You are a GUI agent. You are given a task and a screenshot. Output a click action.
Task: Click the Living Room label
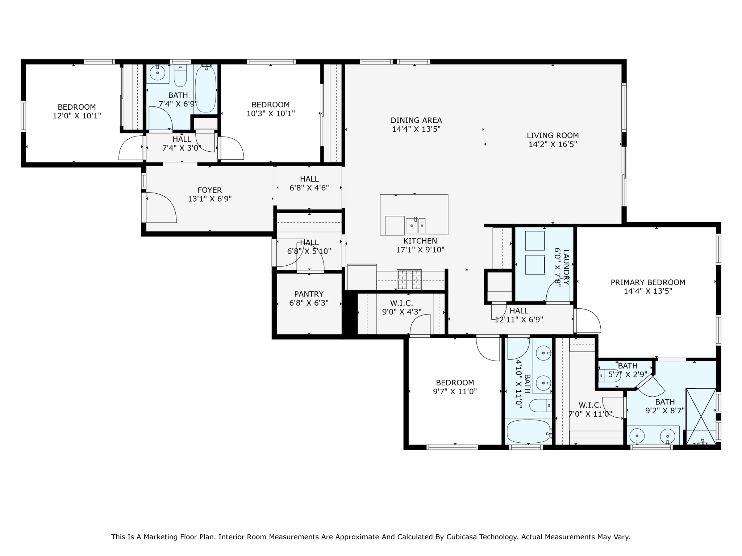point(553,135)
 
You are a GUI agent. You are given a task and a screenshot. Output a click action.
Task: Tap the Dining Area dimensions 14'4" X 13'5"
point(416,129)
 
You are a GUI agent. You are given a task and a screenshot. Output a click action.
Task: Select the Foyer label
point(210,190)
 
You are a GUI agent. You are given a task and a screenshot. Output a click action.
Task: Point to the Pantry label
point(309,294)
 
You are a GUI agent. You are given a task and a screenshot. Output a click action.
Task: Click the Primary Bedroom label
point(648,282)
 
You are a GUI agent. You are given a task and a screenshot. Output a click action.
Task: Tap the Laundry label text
point(566,262)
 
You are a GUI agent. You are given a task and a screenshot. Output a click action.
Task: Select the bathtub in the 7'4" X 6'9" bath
point(205,89)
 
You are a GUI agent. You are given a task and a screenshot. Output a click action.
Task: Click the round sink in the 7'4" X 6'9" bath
point(158,73)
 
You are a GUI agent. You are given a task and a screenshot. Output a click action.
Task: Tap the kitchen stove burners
point(409,280)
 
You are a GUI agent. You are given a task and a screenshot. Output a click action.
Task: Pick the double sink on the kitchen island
point(416,226)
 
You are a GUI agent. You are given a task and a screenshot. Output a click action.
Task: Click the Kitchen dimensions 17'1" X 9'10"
point(420,250)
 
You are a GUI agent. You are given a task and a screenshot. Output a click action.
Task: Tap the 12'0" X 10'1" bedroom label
point(77,111)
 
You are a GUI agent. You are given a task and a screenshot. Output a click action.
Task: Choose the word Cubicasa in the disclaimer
point(460,537)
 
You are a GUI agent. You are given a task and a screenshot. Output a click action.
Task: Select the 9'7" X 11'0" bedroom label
point(455,387)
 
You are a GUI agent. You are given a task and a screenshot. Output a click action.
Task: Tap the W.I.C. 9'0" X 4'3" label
point(401,307)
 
